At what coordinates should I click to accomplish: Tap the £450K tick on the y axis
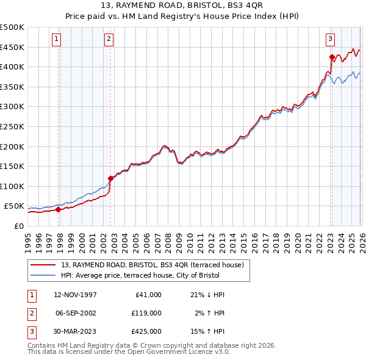pyautogui.click(x=12, y=47)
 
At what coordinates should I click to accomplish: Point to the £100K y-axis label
pyautogui.click(x=12, y=186)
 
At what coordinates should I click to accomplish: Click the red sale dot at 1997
pyautogui.click(x=59, y=209)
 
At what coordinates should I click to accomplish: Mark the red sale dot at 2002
pyautogui.click(x=110, y=178)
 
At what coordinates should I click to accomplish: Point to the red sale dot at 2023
pyautogui.click(x=332, y=57)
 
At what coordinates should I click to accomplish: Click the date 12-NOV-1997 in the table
pyautogui.click(x=75, y=295)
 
